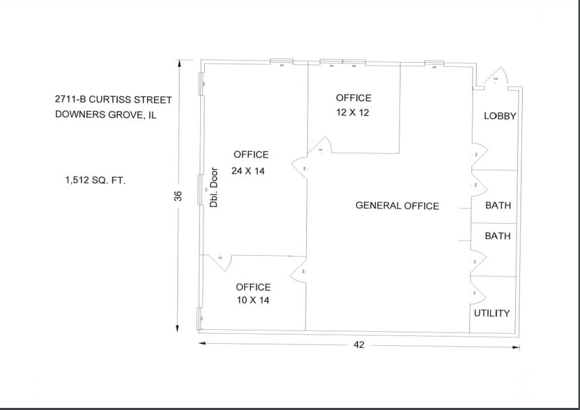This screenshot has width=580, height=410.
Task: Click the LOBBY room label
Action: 500,116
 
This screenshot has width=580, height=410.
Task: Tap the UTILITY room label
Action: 491,313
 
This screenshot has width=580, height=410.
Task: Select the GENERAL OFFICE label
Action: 397,206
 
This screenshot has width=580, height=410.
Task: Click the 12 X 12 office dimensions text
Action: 353,112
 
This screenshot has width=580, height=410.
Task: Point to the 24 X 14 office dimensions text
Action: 248,171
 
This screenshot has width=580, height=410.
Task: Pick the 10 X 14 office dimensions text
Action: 253,300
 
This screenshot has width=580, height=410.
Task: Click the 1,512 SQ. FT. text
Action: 95,181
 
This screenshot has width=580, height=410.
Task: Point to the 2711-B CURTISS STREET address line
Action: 113,100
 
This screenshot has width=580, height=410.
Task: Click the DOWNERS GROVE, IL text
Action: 106,115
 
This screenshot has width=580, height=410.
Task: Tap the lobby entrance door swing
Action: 496,78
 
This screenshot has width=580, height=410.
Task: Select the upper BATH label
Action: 498,206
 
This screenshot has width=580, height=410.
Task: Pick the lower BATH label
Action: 498,236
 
